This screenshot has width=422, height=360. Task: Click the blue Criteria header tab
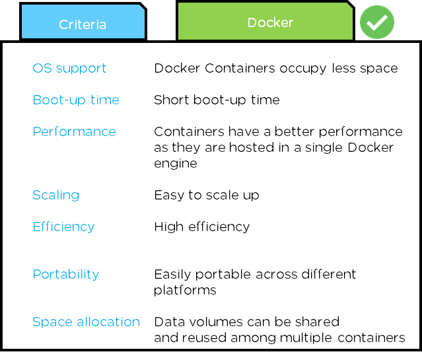(x=83, y=23)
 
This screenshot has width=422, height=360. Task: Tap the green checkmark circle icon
(x=376, y=22)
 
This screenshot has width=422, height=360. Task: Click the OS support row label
(x=69, y=68)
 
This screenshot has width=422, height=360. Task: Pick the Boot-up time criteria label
(x=76, y=100)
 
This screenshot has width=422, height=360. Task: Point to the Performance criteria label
(x=74, y=131)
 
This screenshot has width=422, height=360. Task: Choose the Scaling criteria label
(x=56, y=195)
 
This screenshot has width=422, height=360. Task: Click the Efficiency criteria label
(x=63, y=227)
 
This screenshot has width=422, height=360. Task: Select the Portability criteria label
(x=65, y=274)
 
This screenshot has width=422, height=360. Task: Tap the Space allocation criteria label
(x=86, y=322)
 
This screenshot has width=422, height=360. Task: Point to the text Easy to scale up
(x=207, y=195)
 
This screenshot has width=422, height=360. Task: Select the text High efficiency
(x=201, y=227)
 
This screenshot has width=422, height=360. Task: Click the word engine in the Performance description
(x=176, y=164)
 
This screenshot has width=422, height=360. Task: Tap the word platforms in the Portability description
(x=185, y=291)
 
